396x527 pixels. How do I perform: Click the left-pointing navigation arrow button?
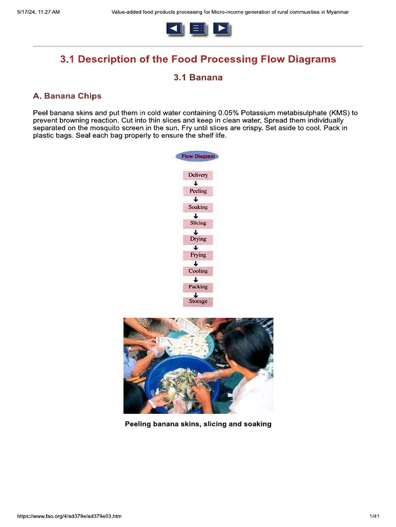tap(174, 29)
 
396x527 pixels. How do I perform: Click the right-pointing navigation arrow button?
tap(221, 29)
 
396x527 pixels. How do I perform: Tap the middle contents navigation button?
tap(197, 29)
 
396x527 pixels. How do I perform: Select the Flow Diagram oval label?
tap(197, 156)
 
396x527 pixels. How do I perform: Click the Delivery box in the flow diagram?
tap(198, 175)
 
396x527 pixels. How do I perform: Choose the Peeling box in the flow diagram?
tap(198, 191)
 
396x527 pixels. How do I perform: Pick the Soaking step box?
tap(198, 207)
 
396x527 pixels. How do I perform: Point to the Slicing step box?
tap(198, 223)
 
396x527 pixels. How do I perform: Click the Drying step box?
tap(198, 239)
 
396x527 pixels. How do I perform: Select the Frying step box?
tap(198, 255)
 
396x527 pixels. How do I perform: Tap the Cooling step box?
tap(198, 271)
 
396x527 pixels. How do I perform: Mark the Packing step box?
tap(198, 287)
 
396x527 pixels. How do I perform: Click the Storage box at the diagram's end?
tap(198, 302)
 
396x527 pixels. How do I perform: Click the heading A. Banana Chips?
tap(67, 96)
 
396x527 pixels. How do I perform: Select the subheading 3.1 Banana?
tap(198, 78)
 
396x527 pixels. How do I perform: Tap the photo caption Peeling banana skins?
tap(198, 424)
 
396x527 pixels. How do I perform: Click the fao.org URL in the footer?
tap(70, 516)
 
